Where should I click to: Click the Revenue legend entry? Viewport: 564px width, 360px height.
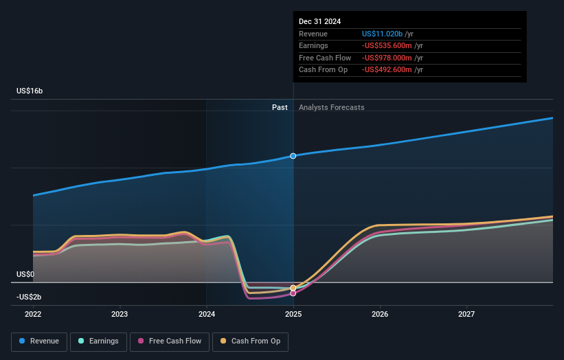[x=39, y=341]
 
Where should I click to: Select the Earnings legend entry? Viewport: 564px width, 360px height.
[x=98, y=341]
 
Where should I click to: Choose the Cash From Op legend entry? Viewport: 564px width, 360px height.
[x=251, y=341]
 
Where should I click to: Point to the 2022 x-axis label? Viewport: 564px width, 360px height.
[x=33, y=315]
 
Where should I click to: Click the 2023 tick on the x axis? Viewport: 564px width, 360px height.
[x=120, y=315]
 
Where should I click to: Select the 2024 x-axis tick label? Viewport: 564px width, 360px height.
[x=207, y=315]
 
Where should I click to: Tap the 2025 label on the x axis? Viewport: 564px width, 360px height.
[x=293, y=315]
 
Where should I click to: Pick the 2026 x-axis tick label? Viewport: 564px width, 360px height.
[x=380, y=315]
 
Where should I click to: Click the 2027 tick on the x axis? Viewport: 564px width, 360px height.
[x=466, y=315]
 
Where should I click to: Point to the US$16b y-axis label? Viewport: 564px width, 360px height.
[x=30, y=91]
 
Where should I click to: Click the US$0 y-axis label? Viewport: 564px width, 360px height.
[x=25, y=274]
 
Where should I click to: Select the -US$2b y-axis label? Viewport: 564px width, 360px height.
[x=29, y=297]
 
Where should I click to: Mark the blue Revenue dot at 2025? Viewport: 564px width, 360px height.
[x=293, y=156]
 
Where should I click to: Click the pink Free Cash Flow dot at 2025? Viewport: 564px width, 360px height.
[x=293, y=293]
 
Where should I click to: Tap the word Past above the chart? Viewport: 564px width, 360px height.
[x=280, y=107]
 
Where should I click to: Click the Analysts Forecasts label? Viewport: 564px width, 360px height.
[x=331, y=107]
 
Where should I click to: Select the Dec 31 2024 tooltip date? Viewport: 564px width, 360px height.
[x=319, y=22]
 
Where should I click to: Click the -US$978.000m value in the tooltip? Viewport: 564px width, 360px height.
[x=386, y=58]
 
